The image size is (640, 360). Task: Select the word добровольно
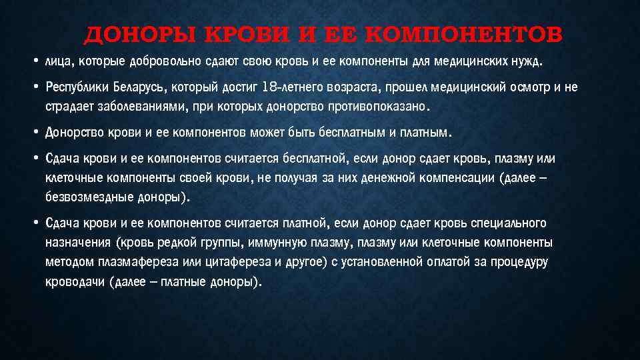point(169,63)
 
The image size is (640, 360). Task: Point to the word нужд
point(528,63)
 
